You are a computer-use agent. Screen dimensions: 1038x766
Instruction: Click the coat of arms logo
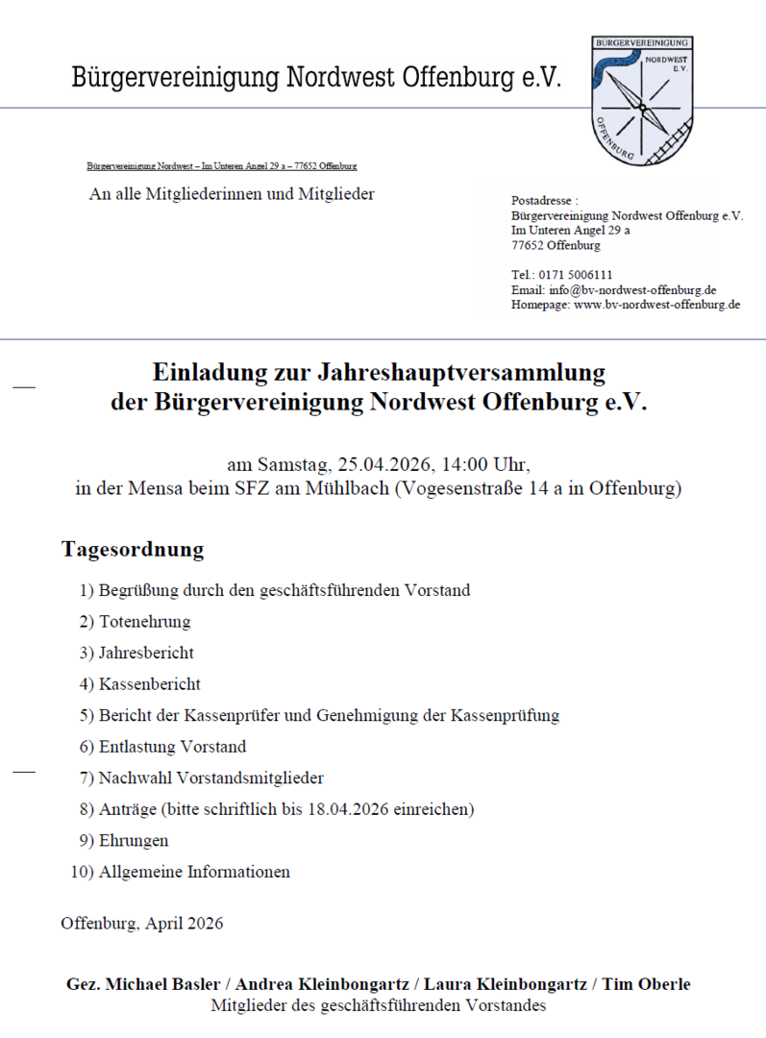click(x=641, y=100)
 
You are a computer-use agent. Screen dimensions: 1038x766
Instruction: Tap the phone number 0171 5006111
click(x=575, y=274)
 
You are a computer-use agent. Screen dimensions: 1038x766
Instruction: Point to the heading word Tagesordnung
click(x=133, y=550)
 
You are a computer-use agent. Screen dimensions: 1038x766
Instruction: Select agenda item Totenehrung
click(x=144, y=622)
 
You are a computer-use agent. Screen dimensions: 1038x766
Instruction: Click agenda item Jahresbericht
click(x=146, y=654)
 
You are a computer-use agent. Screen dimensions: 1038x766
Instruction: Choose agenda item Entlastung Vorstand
click(x=172, y=747)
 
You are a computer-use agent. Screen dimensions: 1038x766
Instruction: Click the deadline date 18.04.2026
click(x=347, y=809)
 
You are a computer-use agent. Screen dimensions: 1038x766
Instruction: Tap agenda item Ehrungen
click(x=133, y=841)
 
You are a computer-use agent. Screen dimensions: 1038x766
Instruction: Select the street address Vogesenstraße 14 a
click(x=484, y=488)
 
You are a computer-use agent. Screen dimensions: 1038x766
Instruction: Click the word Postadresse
click(x=543, y=201)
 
